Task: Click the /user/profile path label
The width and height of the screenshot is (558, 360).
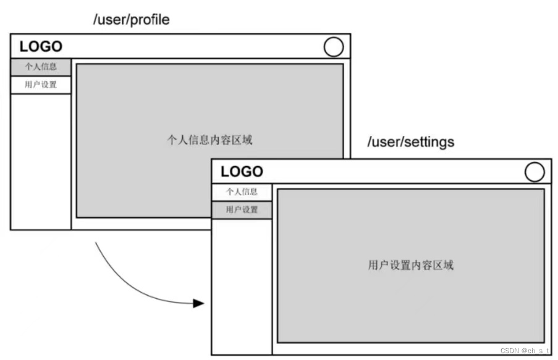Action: point(130,20)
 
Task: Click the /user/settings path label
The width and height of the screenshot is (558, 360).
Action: point(410,142)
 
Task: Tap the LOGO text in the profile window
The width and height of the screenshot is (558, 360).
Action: point(41,46)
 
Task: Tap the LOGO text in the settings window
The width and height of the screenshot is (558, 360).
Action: point(242,172)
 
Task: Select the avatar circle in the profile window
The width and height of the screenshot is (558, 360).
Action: point(334,47)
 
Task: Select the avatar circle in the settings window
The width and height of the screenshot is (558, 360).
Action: point(535,172)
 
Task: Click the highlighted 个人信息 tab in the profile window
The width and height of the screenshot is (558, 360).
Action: point(41,67)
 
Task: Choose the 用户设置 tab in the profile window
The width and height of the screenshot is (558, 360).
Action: point(41,85)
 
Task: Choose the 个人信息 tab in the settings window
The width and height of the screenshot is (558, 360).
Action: point(242,191)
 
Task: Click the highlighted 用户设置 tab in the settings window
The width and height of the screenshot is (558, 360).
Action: point(242,210)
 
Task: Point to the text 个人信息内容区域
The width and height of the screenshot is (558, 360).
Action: point(209,140)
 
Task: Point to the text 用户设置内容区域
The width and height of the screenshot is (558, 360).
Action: point(410,266)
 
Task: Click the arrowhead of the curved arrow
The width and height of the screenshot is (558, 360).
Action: point(198,303)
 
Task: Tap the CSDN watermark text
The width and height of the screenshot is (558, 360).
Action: point(524,350)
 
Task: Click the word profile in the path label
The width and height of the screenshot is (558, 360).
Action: point(149,20)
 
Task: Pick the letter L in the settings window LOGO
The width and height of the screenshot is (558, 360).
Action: point(225,172)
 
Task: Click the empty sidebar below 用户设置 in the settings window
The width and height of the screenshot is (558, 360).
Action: point(242,284)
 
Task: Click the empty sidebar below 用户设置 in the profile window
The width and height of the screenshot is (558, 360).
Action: point(41,161)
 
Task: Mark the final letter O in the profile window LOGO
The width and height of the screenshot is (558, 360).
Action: point(56,46)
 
